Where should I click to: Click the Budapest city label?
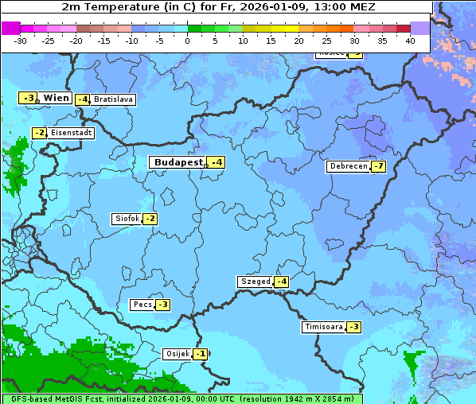click(x=178, y=162)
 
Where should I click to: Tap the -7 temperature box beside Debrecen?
click(x=378, y=167)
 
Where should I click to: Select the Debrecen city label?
click(x=348, y=167)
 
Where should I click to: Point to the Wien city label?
click(x=56, y=98)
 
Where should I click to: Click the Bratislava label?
click(x=112, y=100)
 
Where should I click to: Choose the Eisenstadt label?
click(x=71, y=133)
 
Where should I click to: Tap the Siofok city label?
click(x=127, y=219)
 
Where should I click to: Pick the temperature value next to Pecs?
click(x=162, y=305)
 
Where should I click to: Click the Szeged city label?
click(x=255, y=282)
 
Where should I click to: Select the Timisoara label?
click(x=323, y=327)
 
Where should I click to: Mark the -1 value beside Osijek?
click(x=200, y=354)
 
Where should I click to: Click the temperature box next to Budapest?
click(x=216, y=162)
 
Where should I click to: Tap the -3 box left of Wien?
click(x=28, y=98)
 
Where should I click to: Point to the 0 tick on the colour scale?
click(x=188, y=40)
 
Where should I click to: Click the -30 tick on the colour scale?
click(x=21, y=40)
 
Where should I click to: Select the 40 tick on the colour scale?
click(x=410, y=40)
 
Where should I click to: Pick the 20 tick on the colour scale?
click(x=298, y=40)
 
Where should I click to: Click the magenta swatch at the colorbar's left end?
click(x=10, y=28)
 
